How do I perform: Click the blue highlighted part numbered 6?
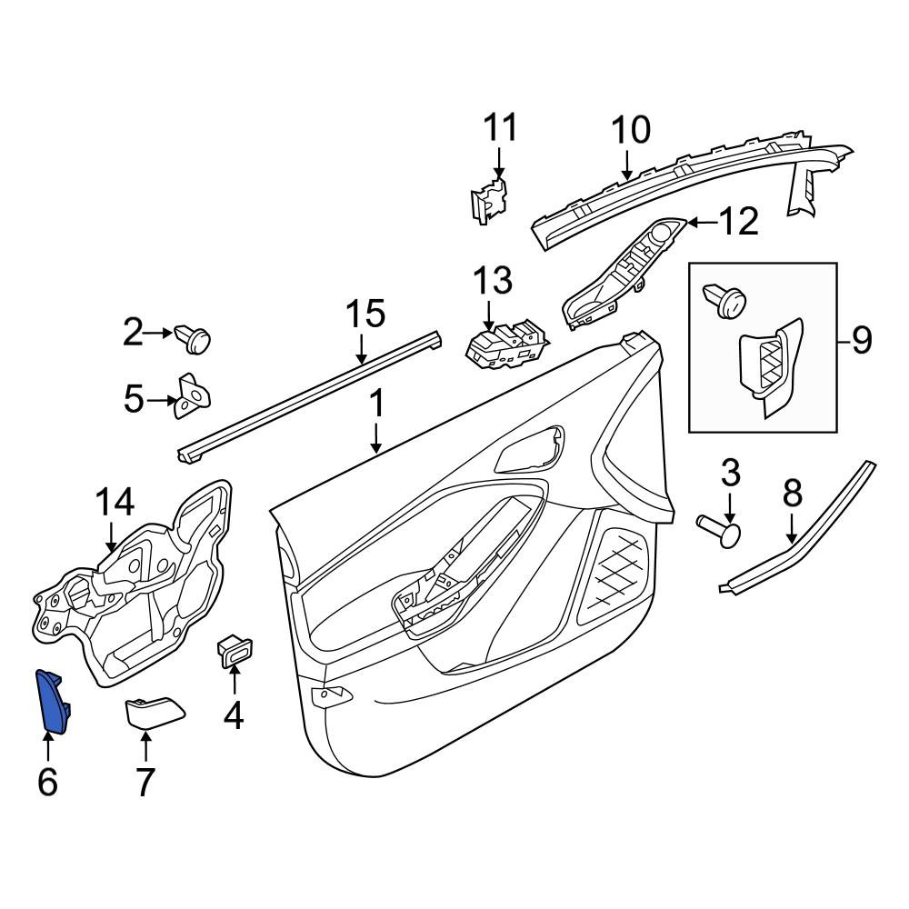(x=54, y=701)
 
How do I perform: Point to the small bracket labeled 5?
(x=192, y=395)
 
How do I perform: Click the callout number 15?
(x=365, y=314)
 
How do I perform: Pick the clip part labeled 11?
(x=488, y=200)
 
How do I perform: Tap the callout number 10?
(x=631, y=130)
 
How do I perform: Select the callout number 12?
(x=738, y=221)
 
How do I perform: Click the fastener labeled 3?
(x=719, y=529)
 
